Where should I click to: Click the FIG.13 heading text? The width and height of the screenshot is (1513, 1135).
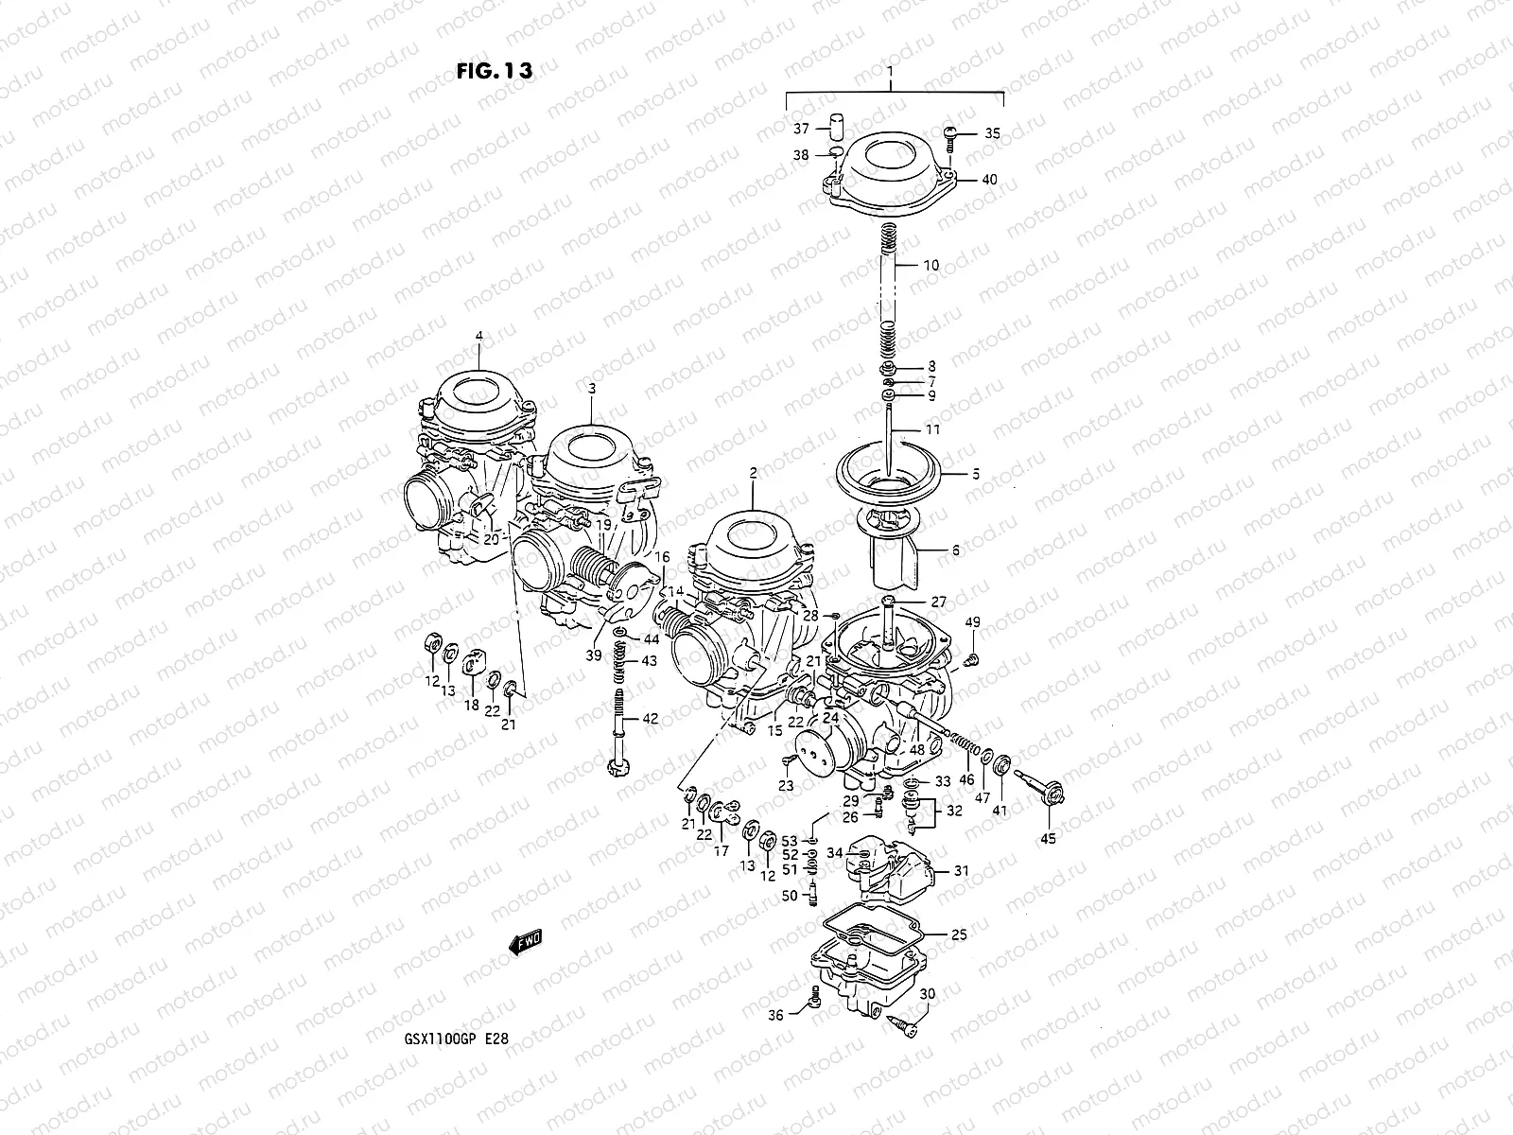494,71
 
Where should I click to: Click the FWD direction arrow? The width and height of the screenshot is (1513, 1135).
525,940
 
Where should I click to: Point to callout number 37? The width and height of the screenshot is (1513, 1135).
801,129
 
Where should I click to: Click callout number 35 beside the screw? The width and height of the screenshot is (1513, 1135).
991,133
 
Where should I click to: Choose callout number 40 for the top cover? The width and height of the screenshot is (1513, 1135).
989,180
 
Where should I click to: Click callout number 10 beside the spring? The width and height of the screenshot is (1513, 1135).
930,266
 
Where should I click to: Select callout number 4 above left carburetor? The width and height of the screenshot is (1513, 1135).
478,336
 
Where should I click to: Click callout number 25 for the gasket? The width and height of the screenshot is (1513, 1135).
959,934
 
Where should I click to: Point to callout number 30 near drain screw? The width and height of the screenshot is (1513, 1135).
927,994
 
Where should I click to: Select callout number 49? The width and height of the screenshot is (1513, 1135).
972,621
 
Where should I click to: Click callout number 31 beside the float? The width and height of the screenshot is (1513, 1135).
961,871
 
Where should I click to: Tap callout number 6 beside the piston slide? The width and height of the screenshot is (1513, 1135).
955,550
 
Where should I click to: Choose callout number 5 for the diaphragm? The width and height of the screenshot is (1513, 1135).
976,474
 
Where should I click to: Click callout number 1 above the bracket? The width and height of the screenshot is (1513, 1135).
889,72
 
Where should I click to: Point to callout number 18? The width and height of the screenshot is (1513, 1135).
471,706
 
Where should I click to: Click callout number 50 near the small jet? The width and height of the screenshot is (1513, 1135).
790,896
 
